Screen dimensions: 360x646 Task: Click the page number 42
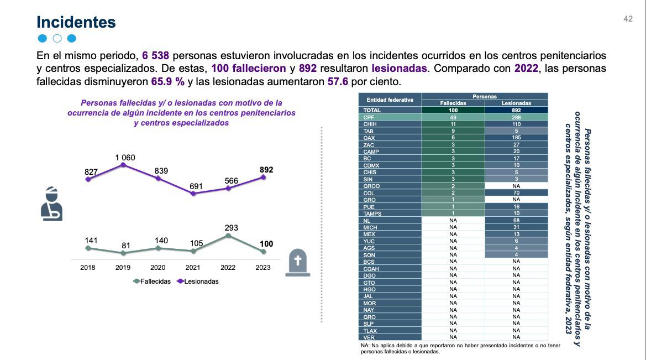pyautogui.click(x=628, y=19)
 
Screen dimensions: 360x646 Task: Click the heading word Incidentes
pyautogui.click(x=76, y=22)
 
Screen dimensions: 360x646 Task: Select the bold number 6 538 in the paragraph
pyautogui.click(x=155, y=56)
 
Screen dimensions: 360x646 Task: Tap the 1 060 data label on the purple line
pyautogui.click(x=125, y=158)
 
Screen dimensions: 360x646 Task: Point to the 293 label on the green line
pyautogui.click(x=228, y=228)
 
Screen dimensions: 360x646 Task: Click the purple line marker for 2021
pyautogui.click(x=193, y=194)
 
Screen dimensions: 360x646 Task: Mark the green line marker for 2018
pyautogui.click(x=87, y=248)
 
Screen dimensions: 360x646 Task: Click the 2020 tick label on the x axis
pyautogui.click(x=157, y=268)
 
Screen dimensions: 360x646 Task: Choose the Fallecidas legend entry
pyautogui.click(x=152, y=281)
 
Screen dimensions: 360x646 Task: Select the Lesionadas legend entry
pyautogui.click(x=197, y=281)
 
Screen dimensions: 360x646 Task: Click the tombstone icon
pyautogui.click(x=298, y=262)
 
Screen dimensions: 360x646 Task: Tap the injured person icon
pyautogui.click(x=52, y=203)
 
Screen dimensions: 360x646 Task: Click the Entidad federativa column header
pyautogui.click(x=390, y=100)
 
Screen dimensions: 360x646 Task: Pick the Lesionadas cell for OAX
pyautogui.click(x=516, y=138)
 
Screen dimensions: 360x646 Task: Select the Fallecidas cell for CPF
pyautogui.click(x=453, y=117)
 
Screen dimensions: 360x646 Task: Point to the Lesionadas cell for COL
pyautogui.click(x=516, y=193)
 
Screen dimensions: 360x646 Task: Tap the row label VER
pyautogui.click(x=369, y=337)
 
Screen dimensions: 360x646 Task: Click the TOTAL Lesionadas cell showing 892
pyautogui.click(x=516, y=110)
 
